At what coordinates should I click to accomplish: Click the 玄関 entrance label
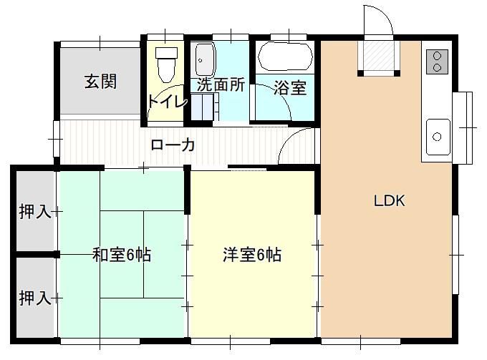[x=100, y=81]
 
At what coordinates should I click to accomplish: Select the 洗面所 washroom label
[x=221, y=84]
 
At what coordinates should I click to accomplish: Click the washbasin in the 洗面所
[x=205, y=56]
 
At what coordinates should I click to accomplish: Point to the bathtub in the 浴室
[x=284, y=56]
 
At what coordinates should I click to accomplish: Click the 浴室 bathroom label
[x=290, y=88]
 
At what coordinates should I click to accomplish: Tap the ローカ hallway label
[x=173, y=145]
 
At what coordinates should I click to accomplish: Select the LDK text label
[x=390, y=200]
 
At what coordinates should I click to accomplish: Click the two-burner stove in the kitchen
[x=435, y=62]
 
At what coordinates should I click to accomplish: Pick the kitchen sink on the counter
[x=436, y=136]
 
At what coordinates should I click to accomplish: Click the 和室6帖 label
[x=122, y=255]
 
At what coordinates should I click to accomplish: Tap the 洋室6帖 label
[x=251, y=255]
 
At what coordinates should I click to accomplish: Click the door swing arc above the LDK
[x=380, y=19]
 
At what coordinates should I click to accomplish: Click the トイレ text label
[x=167, y=102]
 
